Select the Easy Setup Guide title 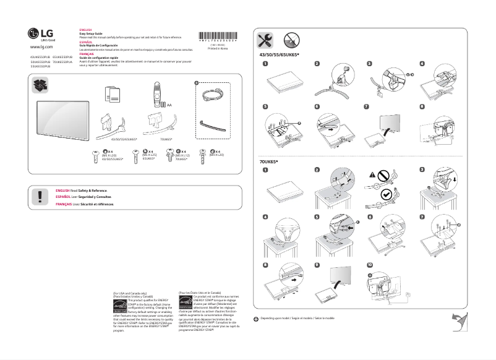91,34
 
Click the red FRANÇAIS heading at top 87,54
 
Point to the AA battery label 169,106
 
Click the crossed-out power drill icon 293,41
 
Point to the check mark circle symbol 386,194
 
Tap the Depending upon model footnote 297,318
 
